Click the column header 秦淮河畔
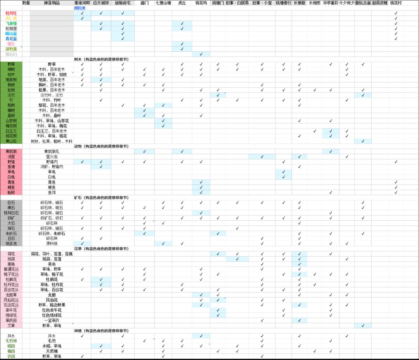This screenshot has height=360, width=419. pyautogui.click(x=82, y=3)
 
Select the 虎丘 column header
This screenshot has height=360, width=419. pyautogui.click(x=182, y=3)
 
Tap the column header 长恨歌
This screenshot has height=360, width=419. pyautogui.click(x=299, y=3)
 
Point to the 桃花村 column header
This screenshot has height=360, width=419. pyautogui.click(x=396, y=3)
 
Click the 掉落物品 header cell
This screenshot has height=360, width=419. pyautogui.click(x=52, y=3)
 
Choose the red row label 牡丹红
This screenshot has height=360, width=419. pyautogui.click(x=11, y=13)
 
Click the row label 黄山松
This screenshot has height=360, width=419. pyautogui.click(x=11, y=141)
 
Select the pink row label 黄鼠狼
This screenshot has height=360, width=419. pyautogui.click(x=11, y=151)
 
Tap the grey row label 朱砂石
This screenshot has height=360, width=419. pyautogui.click(x=11, y=234)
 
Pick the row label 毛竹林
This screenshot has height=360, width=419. pyautogui.click(x=11, y=341)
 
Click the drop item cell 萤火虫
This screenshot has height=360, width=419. pyautogui.click(x=52, y=156)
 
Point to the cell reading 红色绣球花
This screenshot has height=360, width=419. pyautogui.click(x=52, y=315)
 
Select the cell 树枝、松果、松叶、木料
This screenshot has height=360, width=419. pyautogui.click(x=52, y=141)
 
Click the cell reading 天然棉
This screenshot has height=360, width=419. pyautogui.click(x=52, y=351)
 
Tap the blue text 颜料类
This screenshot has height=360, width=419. pyautogui.click(x=80, y=8)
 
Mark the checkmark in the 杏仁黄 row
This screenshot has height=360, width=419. pyautogui.click(x=82, y=18)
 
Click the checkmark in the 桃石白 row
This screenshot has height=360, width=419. pyautogui.click(x=201, y=54)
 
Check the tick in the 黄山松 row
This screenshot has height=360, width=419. pyautogui.click(x=363, y=141)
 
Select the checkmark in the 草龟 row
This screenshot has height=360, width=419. pyautogui.click(x=284, y=172)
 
